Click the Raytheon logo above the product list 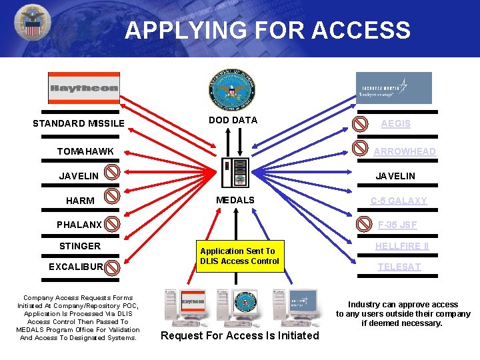click(83, 88)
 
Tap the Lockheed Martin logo click(393, 88)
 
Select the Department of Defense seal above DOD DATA click(233, 90)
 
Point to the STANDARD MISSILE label click(79, 123)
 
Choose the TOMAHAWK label click(85, 151)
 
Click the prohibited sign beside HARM click(113, 196)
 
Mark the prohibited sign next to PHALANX click(113, 223)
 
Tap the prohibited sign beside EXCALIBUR click(113, 267)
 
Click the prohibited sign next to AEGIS click(359, 124)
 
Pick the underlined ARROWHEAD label click(405, 151)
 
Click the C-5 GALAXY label click(399, 201)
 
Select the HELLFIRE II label click(402, 246)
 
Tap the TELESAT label click(399, 267)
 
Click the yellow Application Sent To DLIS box click(239, 256)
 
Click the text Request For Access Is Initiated click(240, 335)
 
